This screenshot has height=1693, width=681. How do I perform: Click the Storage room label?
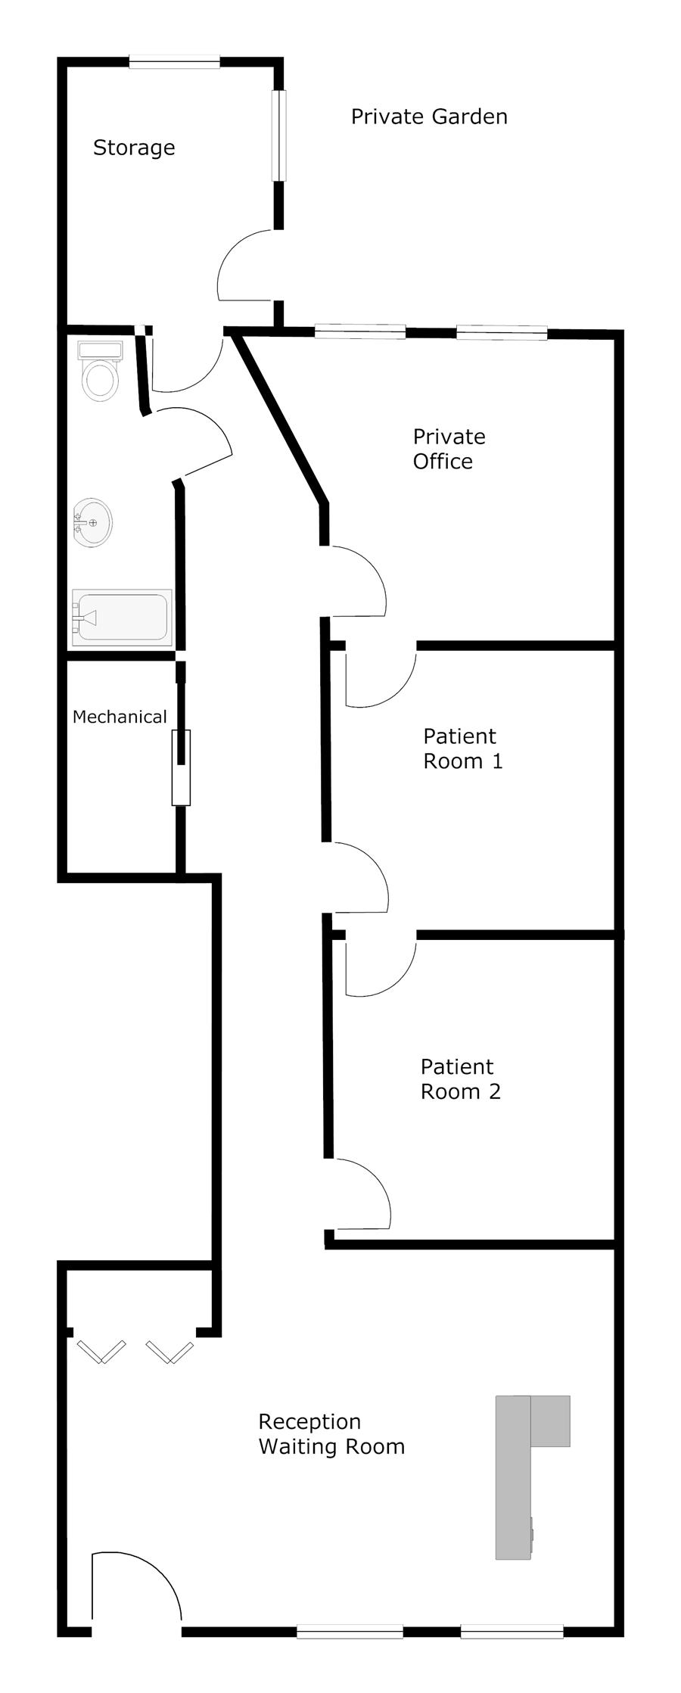(x=134, y=147)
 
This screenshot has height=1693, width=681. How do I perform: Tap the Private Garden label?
(x=429, y=117)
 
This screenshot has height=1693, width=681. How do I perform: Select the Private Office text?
(x=449, y=449)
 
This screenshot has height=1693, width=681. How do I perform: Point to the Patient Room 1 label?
(x=462, y=748)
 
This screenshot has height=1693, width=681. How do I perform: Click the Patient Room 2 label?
(x=460, y=1078)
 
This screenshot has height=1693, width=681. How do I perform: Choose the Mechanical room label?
(x=120, y=717)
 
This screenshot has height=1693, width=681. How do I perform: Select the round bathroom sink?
(x=92, y=522)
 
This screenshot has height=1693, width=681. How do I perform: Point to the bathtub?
(x=121, y=618)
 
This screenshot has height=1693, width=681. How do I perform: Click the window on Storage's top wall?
(x=174, y=63)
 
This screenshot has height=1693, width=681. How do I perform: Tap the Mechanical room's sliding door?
(x=181, y=767)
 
